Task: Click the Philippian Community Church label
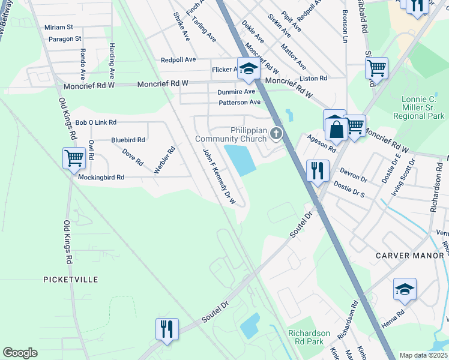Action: point(231,134)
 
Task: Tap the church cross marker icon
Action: point(276,133)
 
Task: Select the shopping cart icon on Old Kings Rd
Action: point(74,158)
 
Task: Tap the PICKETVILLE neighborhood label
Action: point(70,280)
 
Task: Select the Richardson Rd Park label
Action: point(309,338)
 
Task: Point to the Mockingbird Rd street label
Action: point(101,178)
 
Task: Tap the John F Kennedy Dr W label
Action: point(218,177)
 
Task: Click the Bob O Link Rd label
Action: point(95,122)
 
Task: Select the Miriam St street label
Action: point(58,27)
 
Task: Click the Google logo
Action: point(20,353)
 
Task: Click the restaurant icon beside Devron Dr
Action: point(316,170)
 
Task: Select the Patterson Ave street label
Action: point(240,102)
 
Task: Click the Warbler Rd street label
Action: point(164,160)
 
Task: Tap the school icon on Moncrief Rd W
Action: point(247,69)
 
